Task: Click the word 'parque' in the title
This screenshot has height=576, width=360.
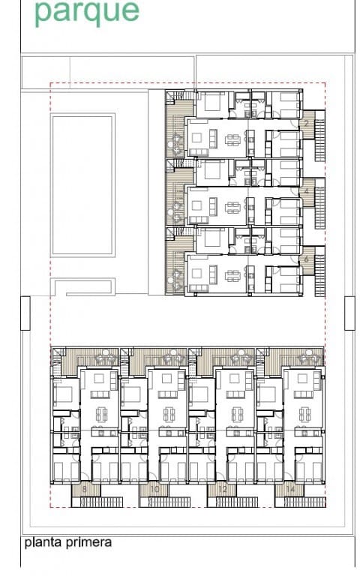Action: (x=87, y=13)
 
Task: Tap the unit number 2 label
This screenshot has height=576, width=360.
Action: (x=307, y=124)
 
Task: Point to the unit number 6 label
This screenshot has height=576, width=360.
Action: (x=307, y=259)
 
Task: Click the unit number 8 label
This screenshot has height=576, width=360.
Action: (x=85, y=490)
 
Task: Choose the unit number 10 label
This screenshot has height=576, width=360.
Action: (x=154, y=490)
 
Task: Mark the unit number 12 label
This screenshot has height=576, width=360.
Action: (x=222, y=490)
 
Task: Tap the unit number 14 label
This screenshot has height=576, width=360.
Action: (x=290, y=490)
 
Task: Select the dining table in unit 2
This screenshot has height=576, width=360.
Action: (x=233, y=139)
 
